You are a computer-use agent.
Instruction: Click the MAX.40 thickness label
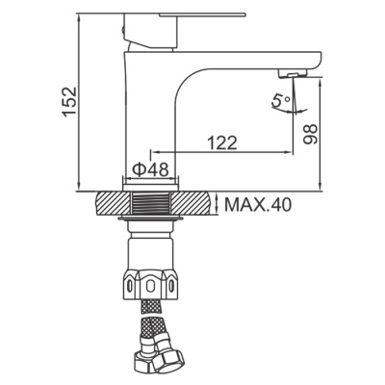click(256, 205)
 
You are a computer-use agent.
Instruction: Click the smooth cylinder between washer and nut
click(150, 248)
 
